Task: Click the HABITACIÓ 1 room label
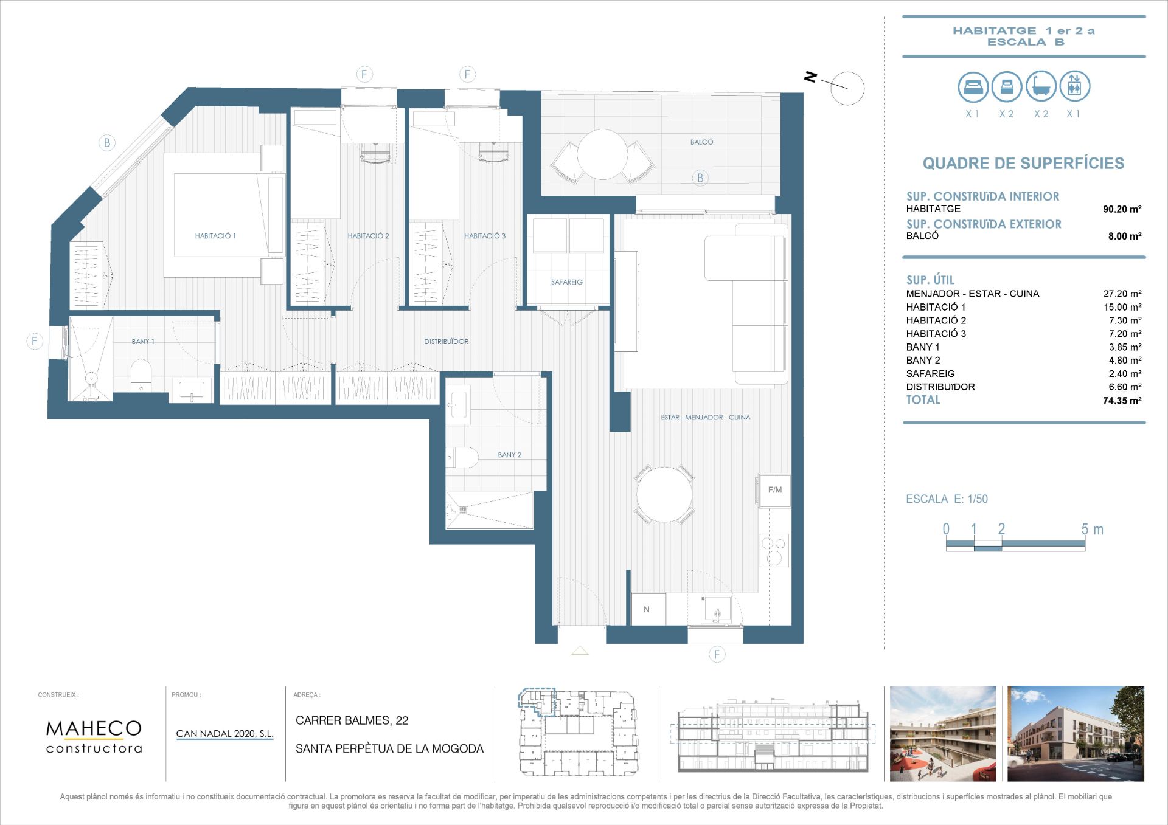[x=215, y=236]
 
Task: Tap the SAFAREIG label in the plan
[x=567, y=282]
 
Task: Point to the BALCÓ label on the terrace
[x=701, y=142]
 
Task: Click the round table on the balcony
[x=602, y=154]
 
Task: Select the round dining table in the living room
[x=664, y=494]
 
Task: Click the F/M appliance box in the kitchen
[x=775, y=490]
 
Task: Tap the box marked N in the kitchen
[x=647, y=609]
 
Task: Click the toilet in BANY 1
[x=141, y=375]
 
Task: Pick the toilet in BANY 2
[x=463, y=457]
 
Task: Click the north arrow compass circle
[x=847, y=88]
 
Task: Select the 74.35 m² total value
[x=1122, y=401]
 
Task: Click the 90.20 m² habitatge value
[x=1122, y=209]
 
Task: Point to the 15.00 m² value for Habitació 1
[x=1122, y=307]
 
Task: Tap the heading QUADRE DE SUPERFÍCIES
[x=1023, y=163]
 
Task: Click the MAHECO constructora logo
[x=94, y=736]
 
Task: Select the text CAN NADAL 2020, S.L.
[x=224, y=734]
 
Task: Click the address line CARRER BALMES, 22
[x=352, y=720]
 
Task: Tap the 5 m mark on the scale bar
[x=1091, y=530]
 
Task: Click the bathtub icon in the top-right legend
[x=1041, y=86]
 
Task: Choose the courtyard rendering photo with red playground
[x=943, y=734]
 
